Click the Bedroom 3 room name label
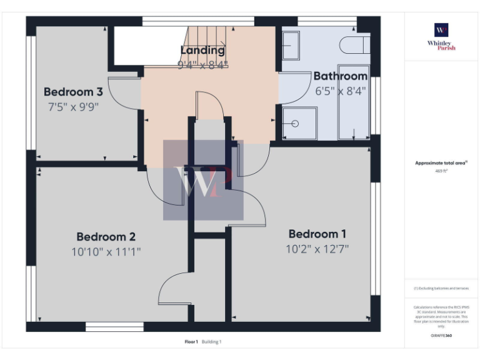point(73,92)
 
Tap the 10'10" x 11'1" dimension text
point(106,252)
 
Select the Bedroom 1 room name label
point(317,234)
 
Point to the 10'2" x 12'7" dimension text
point(317,249)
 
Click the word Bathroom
point(340,76)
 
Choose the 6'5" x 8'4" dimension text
point(340,91)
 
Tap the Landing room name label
point(202,50)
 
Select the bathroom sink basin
point(291,45)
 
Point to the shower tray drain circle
point(295,123)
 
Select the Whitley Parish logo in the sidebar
point(441,35)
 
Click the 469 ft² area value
point(441,170)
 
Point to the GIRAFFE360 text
point(441,336)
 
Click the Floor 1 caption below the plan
point(191,342)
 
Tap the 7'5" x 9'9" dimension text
point(73,106)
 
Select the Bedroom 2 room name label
point(106,237)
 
